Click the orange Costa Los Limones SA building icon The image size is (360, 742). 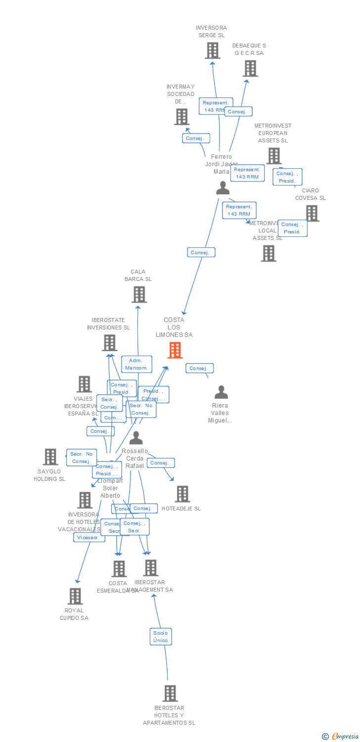(x=175, y=350)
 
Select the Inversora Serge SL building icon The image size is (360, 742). (x=212, y=50)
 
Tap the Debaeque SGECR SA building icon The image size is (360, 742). (x=250, y=68)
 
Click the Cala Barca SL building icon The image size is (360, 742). (x=139, y=294)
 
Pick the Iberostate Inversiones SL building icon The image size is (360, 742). (x=109, y=343)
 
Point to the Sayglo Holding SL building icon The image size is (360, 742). (x=50, y=457)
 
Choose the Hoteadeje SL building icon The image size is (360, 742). (x=182, y=494)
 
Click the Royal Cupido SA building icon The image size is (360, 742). (x=75, y=596)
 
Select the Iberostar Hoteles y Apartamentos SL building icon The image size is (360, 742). (x=170, y=693)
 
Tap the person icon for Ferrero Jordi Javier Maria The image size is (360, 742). (x=223, y=188)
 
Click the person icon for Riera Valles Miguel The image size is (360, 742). (x=221, y=392)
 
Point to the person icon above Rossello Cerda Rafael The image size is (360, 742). (x=136, y=438)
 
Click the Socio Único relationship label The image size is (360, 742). (x=160, y=637)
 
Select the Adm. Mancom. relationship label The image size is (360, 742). (x=136, y=364)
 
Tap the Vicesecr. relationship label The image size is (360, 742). (x=89, y=537)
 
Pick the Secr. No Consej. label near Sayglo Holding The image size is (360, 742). (x=81, y=458)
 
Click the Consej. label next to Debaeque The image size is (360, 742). (x=237, y=111)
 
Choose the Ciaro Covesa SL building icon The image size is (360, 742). (x=312, y=213)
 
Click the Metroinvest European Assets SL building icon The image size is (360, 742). (x=274, y=156)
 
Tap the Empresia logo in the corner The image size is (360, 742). (x=341, y=737)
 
